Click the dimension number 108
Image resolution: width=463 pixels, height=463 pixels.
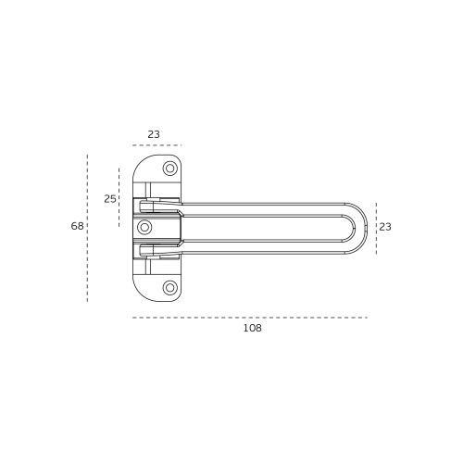(253, 328)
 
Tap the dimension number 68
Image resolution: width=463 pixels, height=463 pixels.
(77, 226)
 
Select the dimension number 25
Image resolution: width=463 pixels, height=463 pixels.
(110, 199)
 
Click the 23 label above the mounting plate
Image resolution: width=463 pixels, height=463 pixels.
(154, 134)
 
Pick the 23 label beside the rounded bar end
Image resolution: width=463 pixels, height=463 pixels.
(385, 227)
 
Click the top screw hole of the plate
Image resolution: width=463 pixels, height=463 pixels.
(169, 169)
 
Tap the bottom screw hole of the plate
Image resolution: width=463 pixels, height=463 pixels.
(169, 288)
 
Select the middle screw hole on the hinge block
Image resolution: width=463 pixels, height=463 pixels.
(144, 228)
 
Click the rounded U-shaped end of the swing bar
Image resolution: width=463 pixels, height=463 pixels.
(364, 228)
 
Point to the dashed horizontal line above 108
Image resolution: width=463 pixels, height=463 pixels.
(250, 318)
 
